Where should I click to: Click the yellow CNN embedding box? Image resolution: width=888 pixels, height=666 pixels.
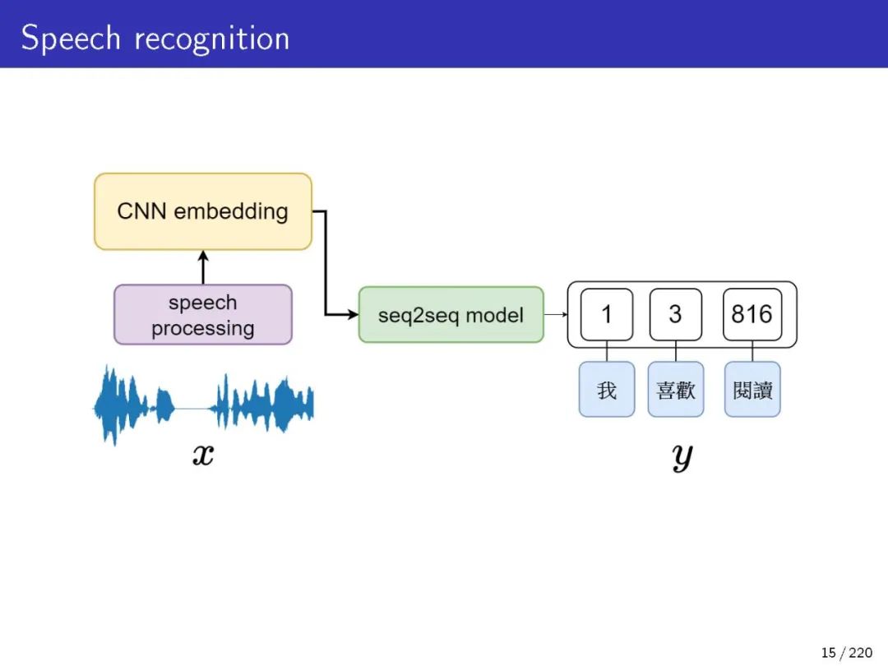click(203, 211)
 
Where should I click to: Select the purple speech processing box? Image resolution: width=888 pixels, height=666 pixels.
click(203, 315)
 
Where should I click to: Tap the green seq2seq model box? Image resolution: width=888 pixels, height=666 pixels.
click(451, 315)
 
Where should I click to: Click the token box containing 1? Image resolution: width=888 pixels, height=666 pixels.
click(607, 314)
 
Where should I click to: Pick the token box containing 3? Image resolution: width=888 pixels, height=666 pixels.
click(675, 314)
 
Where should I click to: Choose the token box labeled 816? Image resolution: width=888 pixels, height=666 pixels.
click(752, 314)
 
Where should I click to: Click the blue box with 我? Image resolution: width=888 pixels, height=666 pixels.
click(607, 389)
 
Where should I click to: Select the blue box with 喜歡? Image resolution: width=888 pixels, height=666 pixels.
click(675, 389)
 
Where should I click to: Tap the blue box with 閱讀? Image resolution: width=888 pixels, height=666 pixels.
click(752, 389)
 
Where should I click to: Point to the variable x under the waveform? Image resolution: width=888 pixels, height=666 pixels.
click(203, 454)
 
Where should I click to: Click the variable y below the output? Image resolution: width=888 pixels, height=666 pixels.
click(682, 456)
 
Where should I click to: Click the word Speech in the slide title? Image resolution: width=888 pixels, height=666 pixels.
click(71, 39)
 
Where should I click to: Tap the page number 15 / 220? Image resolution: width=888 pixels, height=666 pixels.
click(846, 653)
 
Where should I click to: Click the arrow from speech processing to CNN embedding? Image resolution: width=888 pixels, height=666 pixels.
click(203, 268)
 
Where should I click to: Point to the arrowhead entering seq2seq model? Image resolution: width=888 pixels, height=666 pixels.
click(354, 314)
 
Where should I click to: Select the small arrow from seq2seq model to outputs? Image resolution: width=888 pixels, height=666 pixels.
click(556, 314)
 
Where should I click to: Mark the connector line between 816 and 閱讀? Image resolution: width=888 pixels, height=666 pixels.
click(752, 351)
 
